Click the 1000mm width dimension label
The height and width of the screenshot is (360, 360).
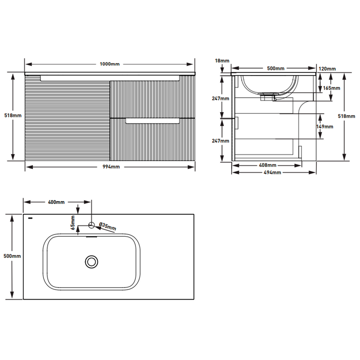click(109, 64)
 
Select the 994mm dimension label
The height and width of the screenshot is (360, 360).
click(111, 167)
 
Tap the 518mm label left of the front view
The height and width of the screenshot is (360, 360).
click(13, 116)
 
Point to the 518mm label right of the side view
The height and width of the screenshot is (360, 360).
click(346, 117)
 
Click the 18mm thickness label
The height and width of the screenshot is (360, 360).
click(222, 61)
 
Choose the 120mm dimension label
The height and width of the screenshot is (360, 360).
click(327, 69)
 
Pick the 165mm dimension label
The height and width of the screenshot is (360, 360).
click(332, 88)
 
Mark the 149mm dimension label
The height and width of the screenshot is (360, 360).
click(324, 127)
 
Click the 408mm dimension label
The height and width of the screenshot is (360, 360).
click(267, 165)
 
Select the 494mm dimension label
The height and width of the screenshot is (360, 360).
click(272, 172)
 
